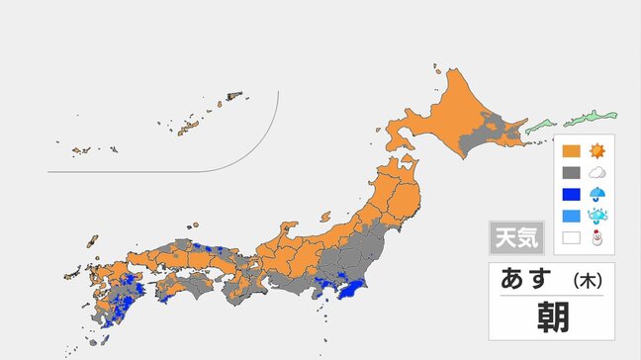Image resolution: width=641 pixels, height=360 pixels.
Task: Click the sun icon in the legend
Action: pos(596,152)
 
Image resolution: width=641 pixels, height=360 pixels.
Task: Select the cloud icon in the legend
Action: pos(596,172)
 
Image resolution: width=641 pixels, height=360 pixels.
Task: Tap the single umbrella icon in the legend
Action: pos(596,195)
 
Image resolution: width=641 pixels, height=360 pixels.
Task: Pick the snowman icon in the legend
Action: pos(596,238)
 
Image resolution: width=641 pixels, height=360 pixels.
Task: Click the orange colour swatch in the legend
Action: pos(571,152)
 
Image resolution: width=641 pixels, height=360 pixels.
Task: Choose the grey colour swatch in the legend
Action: pos(571,173)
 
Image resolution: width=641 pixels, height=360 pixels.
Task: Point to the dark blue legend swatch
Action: pos(571,195)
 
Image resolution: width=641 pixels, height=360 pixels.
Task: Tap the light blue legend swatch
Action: pos(571,217)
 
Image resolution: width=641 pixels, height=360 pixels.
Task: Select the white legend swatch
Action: pos(571,238)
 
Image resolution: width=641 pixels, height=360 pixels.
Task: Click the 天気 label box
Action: pos(513,237)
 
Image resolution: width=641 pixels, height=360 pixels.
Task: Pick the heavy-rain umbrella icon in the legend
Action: pos(596,217)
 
